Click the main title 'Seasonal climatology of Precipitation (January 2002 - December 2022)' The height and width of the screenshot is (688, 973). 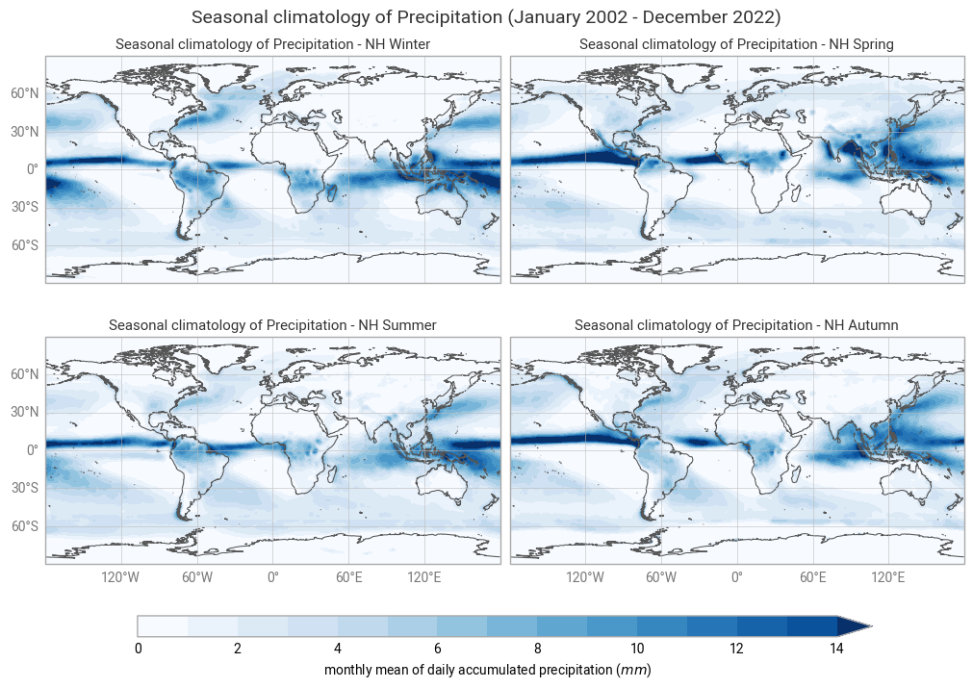coord(486,17)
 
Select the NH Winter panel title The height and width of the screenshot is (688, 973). coord(272,44)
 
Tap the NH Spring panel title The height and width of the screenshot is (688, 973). coord(736,44)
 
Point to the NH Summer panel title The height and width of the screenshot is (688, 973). coord(272,325)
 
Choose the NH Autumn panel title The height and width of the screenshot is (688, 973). coord(736,325)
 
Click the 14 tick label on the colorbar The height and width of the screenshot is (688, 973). coord(836,649)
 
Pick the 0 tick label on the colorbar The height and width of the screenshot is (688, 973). coord(139,649)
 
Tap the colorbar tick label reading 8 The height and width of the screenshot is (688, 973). coord(537,649)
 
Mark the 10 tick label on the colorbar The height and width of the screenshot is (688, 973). coord(637,649)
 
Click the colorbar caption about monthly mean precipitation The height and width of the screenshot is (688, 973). coord(487,669)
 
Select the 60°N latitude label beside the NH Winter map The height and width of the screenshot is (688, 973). coord(25,93)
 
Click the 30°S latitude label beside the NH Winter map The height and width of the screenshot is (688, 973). coord(25,208)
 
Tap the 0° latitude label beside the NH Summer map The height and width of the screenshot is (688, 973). coord(32,450)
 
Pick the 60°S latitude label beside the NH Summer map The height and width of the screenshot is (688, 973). coord(25,526)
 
